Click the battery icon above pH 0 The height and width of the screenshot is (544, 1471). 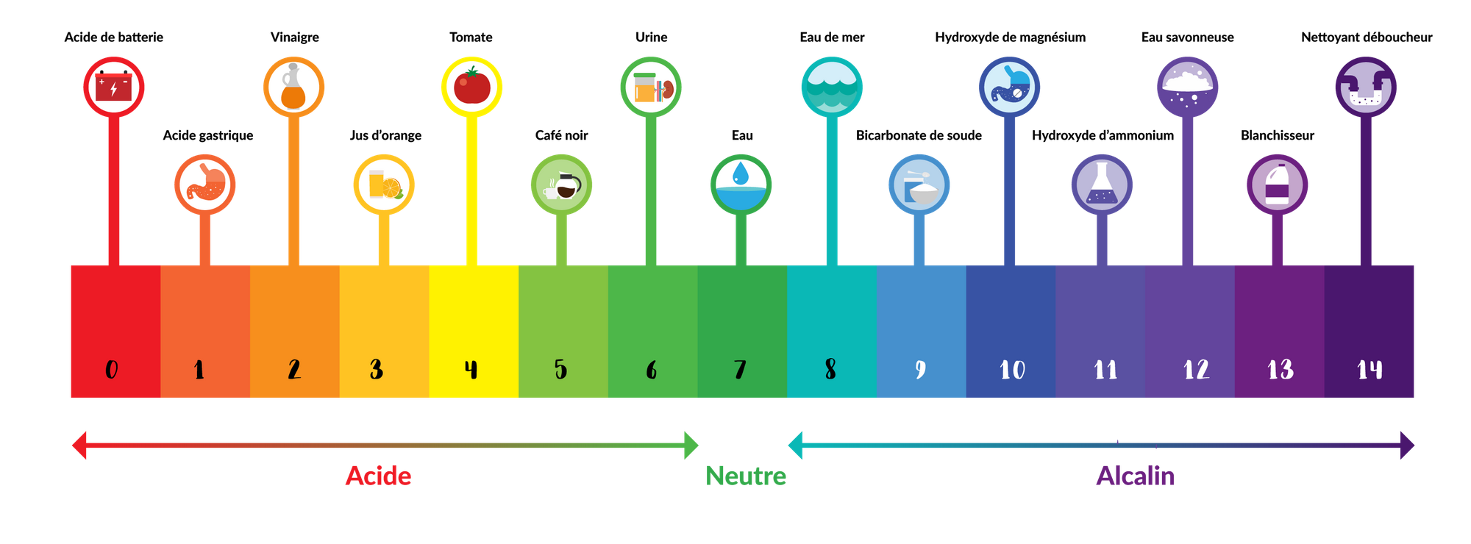click(113, 87)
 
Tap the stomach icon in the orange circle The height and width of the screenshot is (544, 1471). click(204, 184)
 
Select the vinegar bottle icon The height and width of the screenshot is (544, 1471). click(293, 87)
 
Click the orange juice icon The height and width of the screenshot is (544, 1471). click(384, 184)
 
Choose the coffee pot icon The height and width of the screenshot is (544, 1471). click(562, 184)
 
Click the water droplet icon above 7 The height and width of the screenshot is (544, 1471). click(741, 184)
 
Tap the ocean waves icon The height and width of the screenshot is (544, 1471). click(832, 87)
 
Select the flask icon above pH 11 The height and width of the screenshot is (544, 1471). click(1101, 184)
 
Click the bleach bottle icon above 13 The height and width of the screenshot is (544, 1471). click(1277, 184)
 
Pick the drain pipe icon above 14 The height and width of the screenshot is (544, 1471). click(1366, 87)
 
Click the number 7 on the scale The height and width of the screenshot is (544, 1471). click(740, 369)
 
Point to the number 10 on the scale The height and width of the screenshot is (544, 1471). click(1012, 369)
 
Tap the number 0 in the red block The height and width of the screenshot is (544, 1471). click(112, 369)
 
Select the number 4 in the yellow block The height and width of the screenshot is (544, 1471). click(471, 369)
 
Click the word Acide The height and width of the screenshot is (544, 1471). click(378, 476)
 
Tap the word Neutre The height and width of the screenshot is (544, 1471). click(746, 476)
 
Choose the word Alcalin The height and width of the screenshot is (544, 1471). click(1136, 476)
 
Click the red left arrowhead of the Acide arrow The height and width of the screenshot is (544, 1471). click(79, 445)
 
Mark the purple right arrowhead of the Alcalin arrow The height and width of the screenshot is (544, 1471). click(1407, 445)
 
